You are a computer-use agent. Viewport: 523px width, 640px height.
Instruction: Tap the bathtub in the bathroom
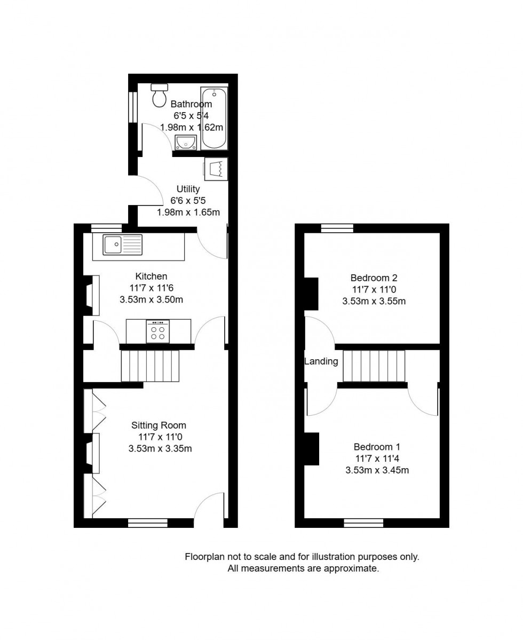(x=215, y=118)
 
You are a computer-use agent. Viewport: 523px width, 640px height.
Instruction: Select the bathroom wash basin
(x=186, y=142)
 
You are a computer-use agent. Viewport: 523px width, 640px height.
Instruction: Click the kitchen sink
(x=123, y=244)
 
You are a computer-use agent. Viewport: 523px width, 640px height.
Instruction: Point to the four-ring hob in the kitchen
(x=157, y=331)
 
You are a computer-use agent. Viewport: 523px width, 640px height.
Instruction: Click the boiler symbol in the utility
(x=216, y=169)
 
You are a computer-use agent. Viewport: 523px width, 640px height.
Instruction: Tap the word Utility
(x=188, y=189)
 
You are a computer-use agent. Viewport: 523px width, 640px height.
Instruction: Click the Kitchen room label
(x=151, y=276)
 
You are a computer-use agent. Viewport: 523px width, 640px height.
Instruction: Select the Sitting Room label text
(x=159, y=425)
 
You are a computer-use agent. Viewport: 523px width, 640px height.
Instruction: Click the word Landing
(x=321, y=361)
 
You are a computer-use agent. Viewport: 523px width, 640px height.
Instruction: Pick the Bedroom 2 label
(x=374, y=278)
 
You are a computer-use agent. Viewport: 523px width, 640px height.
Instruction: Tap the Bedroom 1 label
(x=377, y=447)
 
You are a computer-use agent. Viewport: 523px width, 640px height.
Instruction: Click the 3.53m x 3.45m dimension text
(x=377, y=470)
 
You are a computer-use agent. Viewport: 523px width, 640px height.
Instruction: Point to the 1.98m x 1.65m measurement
(x=188, y=212)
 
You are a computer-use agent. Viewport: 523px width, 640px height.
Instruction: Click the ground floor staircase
(x=149, y=366)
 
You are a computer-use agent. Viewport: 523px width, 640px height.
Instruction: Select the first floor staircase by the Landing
(x=374, y=366)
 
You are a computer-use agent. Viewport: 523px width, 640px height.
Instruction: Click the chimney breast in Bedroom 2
(x=311, y=294)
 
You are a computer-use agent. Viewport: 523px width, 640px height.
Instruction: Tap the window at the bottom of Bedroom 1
(x=363, y=523)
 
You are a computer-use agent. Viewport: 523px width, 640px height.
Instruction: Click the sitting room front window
(x=140, y=523)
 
